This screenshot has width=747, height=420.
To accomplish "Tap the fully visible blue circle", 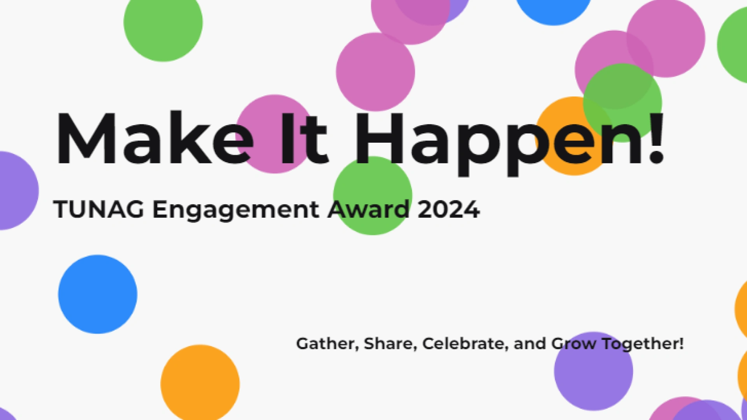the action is (x=98, y=294).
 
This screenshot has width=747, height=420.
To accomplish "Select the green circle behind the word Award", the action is (x=373, y=195).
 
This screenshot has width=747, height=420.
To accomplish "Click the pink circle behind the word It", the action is (x=275, y=134).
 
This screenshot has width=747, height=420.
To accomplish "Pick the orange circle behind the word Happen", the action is (x=574, y=136).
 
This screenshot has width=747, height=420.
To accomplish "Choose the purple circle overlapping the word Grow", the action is (x=593, y=371).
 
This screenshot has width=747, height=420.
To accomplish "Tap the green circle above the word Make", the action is (x=163, y=22).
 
